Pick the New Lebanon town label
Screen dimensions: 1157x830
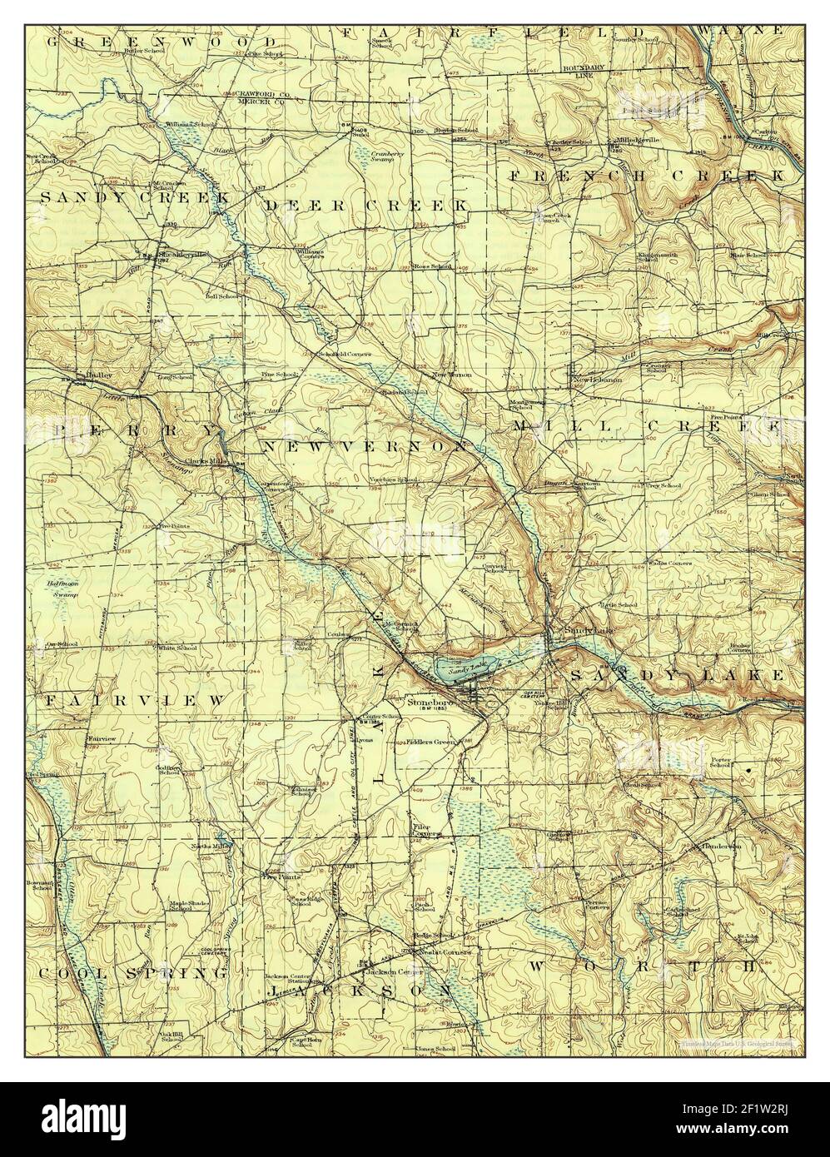(x=598, y=380)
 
